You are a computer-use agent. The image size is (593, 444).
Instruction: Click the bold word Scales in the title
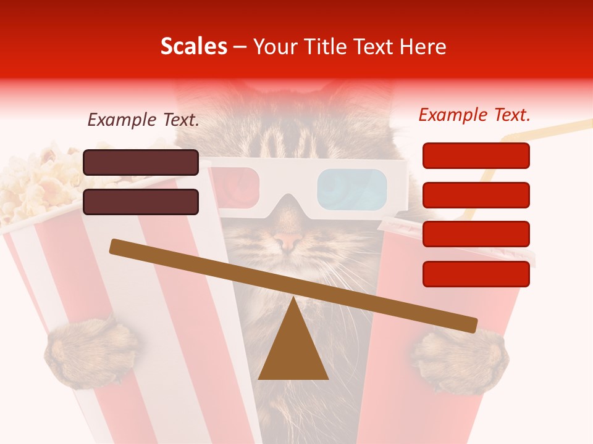tap(193, 47)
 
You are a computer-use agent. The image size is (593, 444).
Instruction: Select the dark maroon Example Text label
tap(143, 120)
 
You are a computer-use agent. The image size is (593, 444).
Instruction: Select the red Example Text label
tap(474, 115)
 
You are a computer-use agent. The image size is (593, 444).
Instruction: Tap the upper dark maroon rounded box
tap(141, 162)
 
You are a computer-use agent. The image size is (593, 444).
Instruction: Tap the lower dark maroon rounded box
tap(141, 202)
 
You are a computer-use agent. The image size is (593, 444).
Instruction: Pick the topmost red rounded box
tap(476, 155)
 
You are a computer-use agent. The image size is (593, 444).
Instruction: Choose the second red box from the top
tap(476, 195)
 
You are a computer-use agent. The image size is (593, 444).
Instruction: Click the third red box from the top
tap(476, 234)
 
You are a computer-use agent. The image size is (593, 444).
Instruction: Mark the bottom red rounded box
tap(476, 274)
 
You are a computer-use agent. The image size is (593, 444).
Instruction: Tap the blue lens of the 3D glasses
tap(351, 187)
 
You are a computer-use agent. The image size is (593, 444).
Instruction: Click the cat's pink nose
tap(287, 240)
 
